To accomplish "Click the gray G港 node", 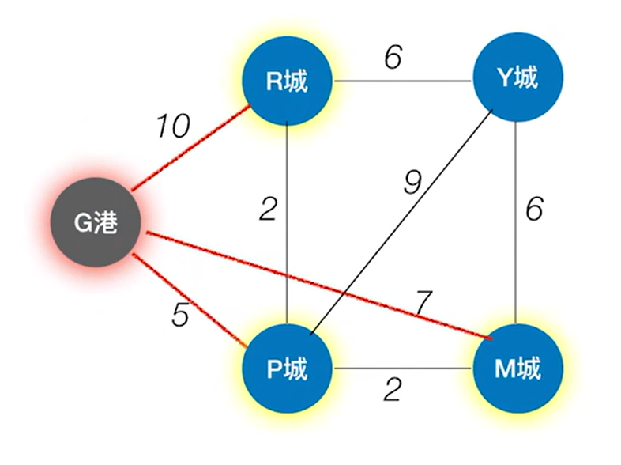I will point(96,224).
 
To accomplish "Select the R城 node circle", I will point(287,81).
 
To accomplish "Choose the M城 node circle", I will point(517,369).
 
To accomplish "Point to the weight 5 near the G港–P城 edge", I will point(181,314).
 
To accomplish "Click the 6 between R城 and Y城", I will point(393,60).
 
